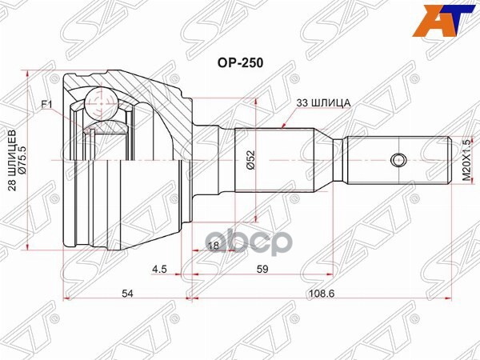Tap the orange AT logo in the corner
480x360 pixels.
pyautogui.click(x=452, y=20)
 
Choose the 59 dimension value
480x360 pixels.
pyautogui.click(x=262, y=270)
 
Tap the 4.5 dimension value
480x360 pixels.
pyautogui.click(x=160, y=270)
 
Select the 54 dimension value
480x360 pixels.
pyautogui.click(x=125, y=294)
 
